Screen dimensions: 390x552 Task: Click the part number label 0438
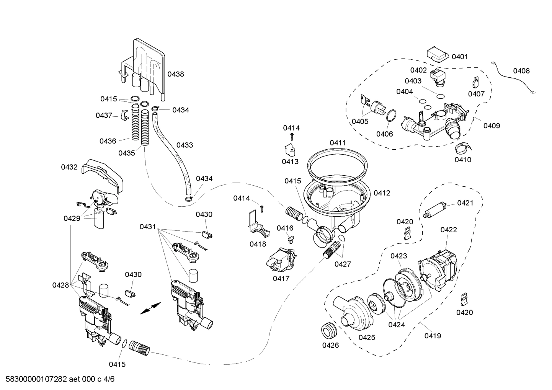176,74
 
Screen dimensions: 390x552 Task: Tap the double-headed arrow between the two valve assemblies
150,308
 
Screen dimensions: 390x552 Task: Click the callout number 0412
382,193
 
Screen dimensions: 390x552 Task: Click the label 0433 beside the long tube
185,145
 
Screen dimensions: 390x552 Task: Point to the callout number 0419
433,336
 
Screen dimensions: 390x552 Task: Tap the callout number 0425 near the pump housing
367,337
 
